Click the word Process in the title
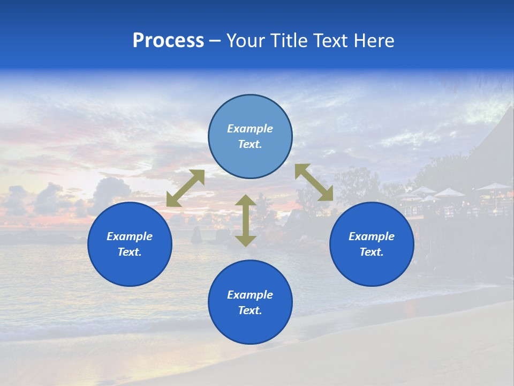pyautogui.click(x=168, y=41)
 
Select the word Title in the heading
pyautogui.click(x=290, y=41)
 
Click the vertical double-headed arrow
pyautogui.click(x=246, y=220)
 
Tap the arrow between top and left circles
pyautogui.click(x=185, y=188)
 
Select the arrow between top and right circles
pyautogui.click(x=314, y=182)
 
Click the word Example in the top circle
pyautogui.click(x=250, y=129)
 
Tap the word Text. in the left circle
pyautogui.click(x=130, y=252)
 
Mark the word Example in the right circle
pyautogui.click(x=372, y=236)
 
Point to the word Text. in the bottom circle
pyautogui.click(x=250, y=310)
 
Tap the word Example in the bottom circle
pyautogui.click(x=250, y=295)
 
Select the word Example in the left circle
pyautogui.click(x=130, y=236)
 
